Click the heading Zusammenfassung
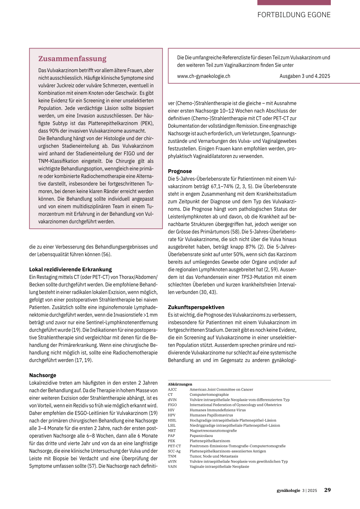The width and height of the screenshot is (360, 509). pos(72,59)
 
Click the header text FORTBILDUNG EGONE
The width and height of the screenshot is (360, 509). pos(294,15)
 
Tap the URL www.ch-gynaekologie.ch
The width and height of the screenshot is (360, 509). pos(204,76)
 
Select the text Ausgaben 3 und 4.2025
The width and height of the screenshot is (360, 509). pos(305,76)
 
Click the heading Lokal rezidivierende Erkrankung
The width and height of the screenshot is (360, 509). pos(70,269)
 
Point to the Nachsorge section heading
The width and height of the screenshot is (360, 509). pos(43,375)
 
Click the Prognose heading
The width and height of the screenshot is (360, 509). pos(180,171)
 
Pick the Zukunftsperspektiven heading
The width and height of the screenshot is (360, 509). pos(196,307)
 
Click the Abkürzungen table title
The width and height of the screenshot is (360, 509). pos(180,384)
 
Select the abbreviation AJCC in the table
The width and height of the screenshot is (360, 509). pos(172,389)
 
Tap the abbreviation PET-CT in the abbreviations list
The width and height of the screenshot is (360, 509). pos(174,446)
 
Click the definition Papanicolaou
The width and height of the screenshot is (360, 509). pos(201,436)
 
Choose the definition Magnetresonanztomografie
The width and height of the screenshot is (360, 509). pos(213,431)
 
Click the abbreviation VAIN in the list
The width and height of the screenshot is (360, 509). pos(172,467)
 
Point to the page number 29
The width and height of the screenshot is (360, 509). pos(327,490)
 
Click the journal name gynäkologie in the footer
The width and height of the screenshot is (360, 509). pos(288,490)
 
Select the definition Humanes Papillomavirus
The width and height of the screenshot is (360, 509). pos(211,415)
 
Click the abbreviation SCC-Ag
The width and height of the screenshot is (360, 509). pos(174,451)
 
